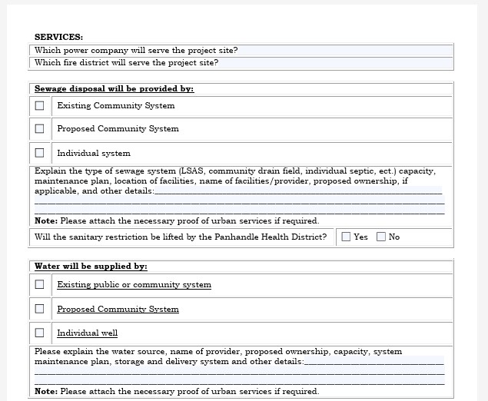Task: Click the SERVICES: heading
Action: click(x=58, y=37)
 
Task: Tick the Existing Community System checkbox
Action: click(x=40, y=105)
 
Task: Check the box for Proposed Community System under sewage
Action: click(x=40, y=128)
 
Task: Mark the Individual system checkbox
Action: click(x=40, y=152)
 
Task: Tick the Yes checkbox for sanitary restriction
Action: click(x=346, y=237)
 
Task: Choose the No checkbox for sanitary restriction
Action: click(x=381, y=237)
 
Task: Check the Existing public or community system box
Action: click(x=40, y=284)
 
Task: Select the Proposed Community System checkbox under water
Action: click(x=40, y=309)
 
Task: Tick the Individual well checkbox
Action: click(x=40, y=333)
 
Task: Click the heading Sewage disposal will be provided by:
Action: click(x=114, y=89)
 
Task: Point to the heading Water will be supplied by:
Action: click(x=91, y=267)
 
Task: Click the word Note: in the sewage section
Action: click(x=46, y=220)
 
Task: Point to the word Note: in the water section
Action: click(x=46, y=391)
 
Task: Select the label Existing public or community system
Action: click(x=134, y=285)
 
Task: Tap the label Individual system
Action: click(x=94, y=153)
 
